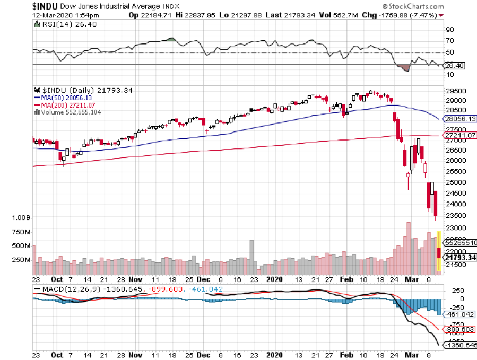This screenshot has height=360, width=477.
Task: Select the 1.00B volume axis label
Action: [21, 218]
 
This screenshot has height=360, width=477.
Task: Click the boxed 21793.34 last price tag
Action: [460, 258]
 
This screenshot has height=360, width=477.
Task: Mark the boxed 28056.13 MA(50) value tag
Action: [460, 119]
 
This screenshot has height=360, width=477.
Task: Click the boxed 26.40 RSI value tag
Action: [456, 66]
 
